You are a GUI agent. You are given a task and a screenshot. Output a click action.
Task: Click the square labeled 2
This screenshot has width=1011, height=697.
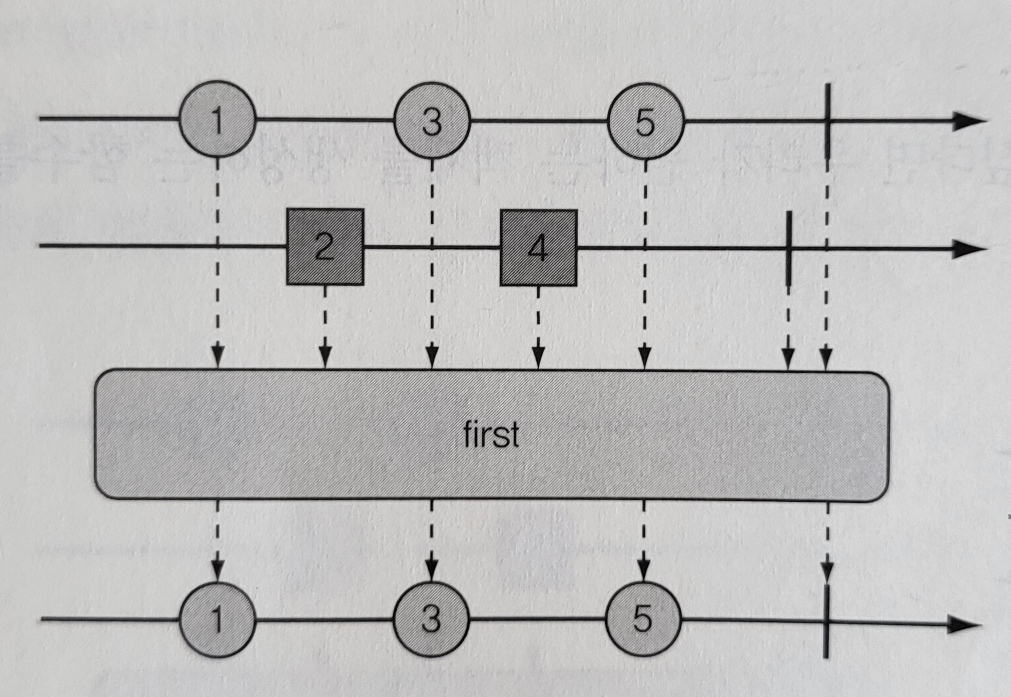click(325, 247)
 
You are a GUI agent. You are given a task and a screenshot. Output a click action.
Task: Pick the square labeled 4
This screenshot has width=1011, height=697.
click(538, 248)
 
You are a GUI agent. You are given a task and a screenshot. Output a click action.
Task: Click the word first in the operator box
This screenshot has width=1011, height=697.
click(491, 434)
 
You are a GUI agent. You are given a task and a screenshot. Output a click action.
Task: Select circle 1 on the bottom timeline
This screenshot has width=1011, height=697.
click(216, 619)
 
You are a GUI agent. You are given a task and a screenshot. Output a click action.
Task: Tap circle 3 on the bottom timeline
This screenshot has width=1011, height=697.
click(431, 619)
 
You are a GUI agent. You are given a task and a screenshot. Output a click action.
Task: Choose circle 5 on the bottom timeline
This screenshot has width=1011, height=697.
click(642, 619)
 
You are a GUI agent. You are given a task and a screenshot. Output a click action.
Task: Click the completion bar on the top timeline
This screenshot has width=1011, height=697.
click(827, 122)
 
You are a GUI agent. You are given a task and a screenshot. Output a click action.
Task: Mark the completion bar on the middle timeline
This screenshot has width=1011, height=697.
click(789, 248)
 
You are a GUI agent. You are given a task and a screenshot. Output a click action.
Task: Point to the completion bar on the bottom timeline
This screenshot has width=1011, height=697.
click(827, 621)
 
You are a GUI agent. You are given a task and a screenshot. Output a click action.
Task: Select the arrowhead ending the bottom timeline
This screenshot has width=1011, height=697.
click(963, 625)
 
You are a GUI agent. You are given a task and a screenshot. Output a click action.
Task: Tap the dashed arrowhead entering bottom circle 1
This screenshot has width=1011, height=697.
click(217, 571)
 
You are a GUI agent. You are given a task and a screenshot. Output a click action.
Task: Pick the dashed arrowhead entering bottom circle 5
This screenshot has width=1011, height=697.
click(643, 571)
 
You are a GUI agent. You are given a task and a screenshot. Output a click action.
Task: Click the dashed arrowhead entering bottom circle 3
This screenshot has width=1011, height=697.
click(431, 571)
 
